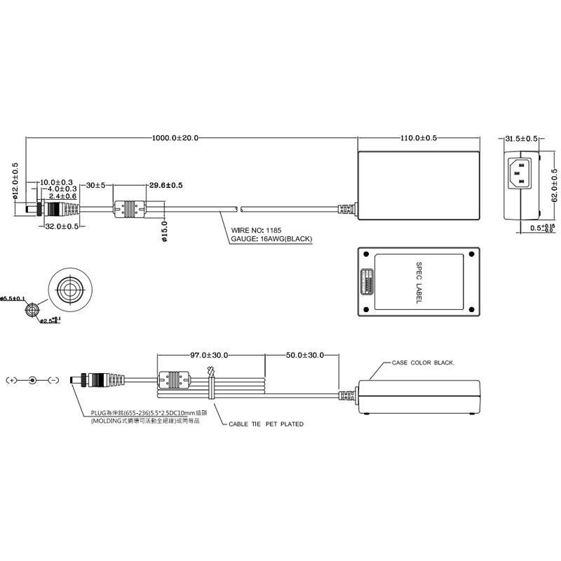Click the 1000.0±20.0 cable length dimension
(175, 138)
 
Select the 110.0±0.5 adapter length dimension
(419, 138)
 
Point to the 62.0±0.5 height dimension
(553, 184)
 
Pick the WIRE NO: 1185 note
(257, 229)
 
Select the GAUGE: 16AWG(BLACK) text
(271, 238)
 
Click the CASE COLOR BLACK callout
(423, 363)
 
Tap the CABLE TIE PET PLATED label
(266, 424)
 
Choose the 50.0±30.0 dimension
(304, 356)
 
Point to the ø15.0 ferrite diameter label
(164, 231)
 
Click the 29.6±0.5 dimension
(165, 185)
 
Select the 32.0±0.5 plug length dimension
(60, 227)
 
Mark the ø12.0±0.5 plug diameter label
(15, 182)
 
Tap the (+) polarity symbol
(11, 380)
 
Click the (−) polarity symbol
(53, 380)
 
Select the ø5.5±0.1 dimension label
(13, 298)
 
